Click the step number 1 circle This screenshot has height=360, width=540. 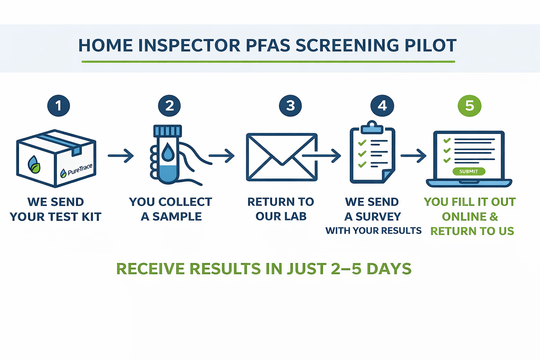click(59, 106)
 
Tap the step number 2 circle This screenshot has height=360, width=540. click(169, 106)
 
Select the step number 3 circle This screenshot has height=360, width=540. click(290, 106)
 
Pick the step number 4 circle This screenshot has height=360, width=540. click(382, 106)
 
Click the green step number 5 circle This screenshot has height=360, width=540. click(470, 106)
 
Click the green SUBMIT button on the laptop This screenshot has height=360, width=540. click(469, 172)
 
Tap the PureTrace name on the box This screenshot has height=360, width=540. click(80, 169)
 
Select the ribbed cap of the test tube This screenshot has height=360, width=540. click(168, 131)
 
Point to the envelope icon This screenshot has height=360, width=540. click(282, 157)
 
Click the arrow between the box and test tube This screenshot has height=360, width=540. click(121, 155)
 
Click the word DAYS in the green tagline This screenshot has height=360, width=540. click(389, 269)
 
